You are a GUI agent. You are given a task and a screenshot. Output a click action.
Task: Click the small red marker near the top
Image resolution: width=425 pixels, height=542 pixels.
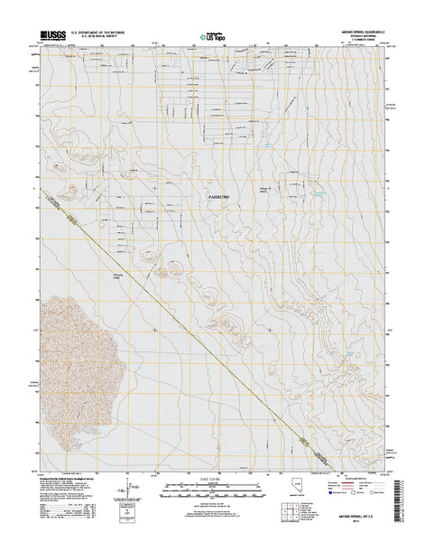pyautogui.click(x=183, y=73)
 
